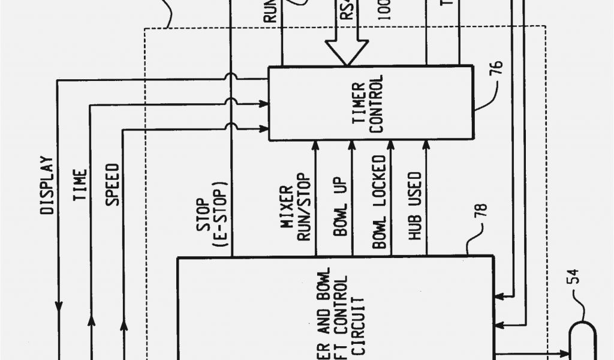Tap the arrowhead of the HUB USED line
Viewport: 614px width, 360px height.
coord(426,146)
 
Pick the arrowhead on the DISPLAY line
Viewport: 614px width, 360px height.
coord(58,306)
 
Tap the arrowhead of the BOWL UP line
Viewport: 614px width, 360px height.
coord(352,146)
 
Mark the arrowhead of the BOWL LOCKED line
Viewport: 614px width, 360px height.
coord(390,146)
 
